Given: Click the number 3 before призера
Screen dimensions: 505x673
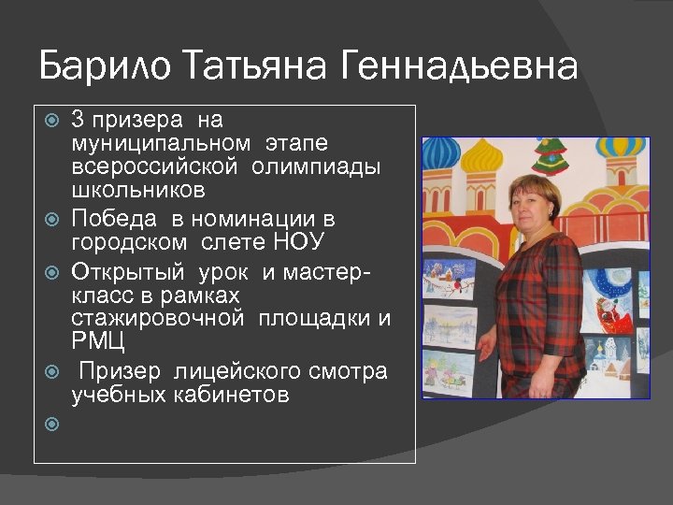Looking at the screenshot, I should pyautogui.click(x=77, y=121).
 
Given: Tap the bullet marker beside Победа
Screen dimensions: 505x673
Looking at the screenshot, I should pyautogui.click(x=53, y=221).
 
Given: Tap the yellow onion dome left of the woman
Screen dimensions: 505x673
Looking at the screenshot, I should pyautogui.click(x=482, y=156).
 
